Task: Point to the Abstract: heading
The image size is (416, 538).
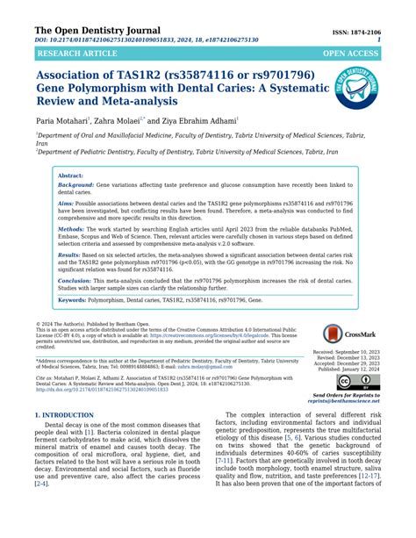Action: (x=70, y=176)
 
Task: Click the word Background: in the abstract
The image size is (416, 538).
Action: (x=75, y=186)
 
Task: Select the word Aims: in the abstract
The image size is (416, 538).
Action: (x=67, y=202)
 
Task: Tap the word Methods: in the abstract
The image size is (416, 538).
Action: (x=71, y=227)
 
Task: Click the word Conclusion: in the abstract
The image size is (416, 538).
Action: (x=75, y=279)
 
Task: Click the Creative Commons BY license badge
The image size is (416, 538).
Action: (x=357, y=384)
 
